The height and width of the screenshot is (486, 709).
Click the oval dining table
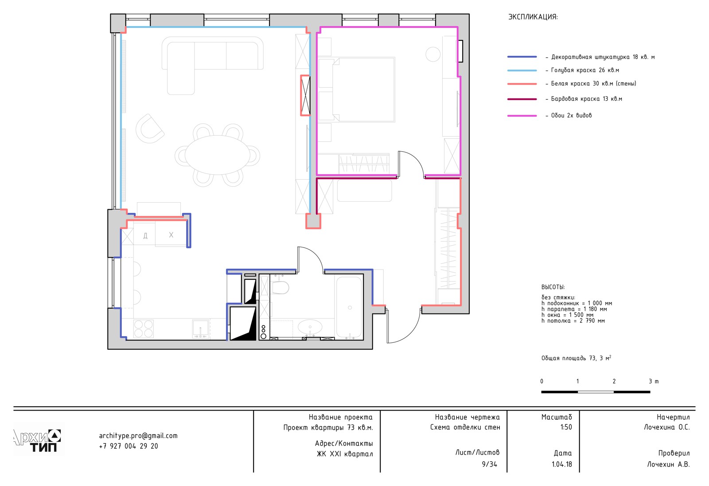(218, 155)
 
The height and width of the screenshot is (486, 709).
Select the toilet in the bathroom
(280, 287)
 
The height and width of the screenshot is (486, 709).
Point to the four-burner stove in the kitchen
(144, 329)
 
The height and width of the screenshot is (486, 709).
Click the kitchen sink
(201, 329)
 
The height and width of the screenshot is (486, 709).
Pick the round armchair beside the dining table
(149, 129)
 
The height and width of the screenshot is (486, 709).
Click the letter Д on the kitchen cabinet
(145, 236)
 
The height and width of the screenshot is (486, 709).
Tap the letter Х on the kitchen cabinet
(171, 235)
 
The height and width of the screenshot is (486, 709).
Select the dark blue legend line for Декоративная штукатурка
(522, 57)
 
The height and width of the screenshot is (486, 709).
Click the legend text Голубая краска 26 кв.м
(585, 70)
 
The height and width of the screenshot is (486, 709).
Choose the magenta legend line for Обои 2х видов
(522, 116)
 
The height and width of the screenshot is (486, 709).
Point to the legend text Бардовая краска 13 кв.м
(587, 99)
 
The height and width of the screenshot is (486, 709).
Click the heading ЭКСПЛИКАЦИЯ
(533, 17)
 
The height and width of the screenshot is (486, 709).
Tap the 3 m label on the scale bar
(654, 381)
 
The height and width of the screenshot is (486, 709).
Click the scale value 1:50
(566, 427)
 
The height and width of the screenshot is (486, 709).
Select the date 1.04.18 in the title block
(562, 464)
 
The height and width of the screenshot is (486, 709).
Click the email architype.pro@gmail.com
(138, 436)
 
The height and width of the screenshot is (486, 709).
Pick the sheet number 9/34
(489, 464)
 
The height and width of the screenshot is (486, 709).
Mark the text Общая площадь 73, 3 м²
(576, 358)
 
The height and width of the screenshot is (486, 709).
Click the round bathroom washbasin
(310, 327)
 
